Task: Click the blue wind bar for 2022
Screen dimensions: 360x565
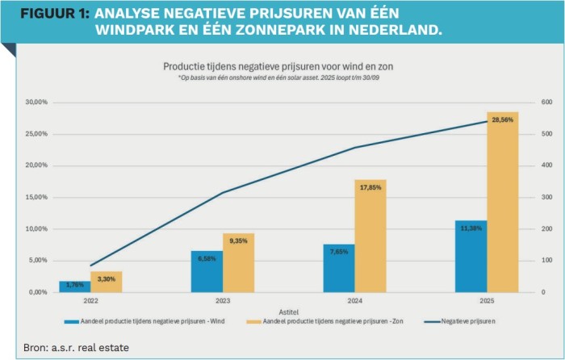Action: (x=74, y=287)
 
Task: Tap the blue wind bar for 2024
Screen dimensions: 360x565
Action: (x=338, y=268)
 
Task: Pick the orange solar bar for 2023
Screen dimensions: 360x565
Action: (x=238, y=262)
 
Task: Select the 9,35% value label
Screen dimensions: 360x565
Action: (x=238, y=241)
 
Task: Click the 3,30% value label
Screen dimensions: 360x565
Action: (x=107, y=279)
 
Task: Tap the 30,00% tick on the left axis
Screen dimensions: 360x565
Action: (x=38, y=103)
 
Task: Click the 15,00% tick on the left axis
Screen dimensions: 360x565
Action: (x=38, y=198)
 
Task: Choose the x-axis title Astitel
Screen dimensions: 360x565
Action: (x=288, y=311)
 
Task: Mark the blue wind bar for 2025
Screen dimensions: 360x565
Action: (x=471, y=256)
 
